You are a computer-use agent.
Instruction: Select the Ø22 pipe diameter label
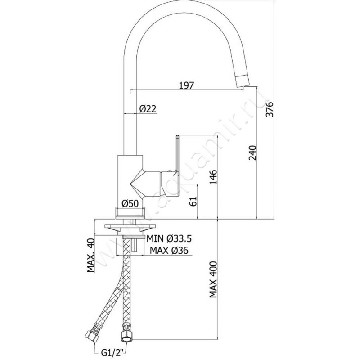(x=147, y=108)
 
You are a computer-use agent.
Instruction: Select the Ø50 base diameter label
(x=130, y=203)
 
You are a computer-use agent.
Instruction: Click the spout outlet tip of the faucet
(x=243, y=82)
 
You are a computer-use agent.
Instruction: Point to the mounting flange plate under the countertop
(x=130, y=228)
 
